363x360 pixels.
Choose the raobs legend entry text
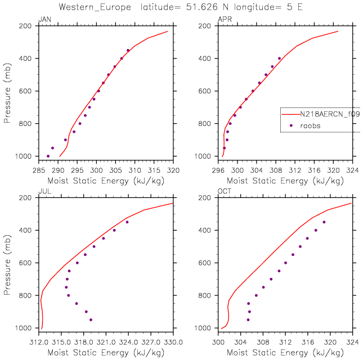(x=310, y=125)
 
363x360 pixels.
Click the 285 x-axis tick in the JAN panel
(x=39, y=169)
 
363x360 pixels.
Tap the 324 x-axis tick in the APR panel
(x=353, y=169)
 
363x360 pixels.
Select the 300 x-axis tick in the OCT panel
(x=218, y=340)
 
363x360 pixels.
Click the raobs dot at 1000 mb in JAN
(x=48, y=156)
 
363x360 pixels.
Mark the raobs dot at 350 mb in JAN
(x=128, y=50)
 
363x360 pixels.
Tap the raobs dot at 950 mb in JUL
(x=91, y=319)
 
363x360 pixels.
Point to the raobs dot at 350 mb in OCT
(x=324, y=222)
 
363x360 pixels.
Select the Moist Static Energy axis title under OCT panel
(x=285, y=352)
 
